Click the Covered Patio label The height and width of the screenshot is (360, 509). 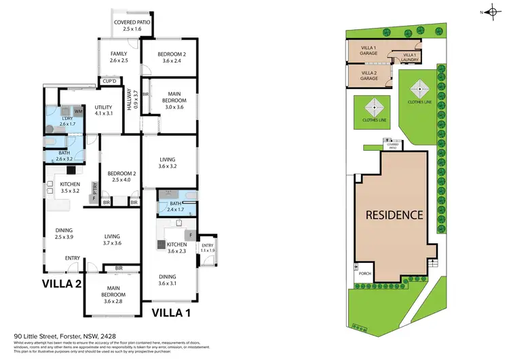point(133,26)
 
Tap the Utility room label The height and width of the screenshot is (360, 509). point(103,111)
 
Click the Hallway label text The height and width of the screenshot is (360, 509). point(134,101)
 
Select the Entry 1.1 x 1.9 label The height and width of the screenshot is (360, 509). point(207,248)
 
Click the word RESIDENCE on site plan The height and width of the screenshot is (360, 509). point(395,215)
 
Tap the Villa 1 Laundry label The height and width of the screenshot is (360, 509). point(409,57)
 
